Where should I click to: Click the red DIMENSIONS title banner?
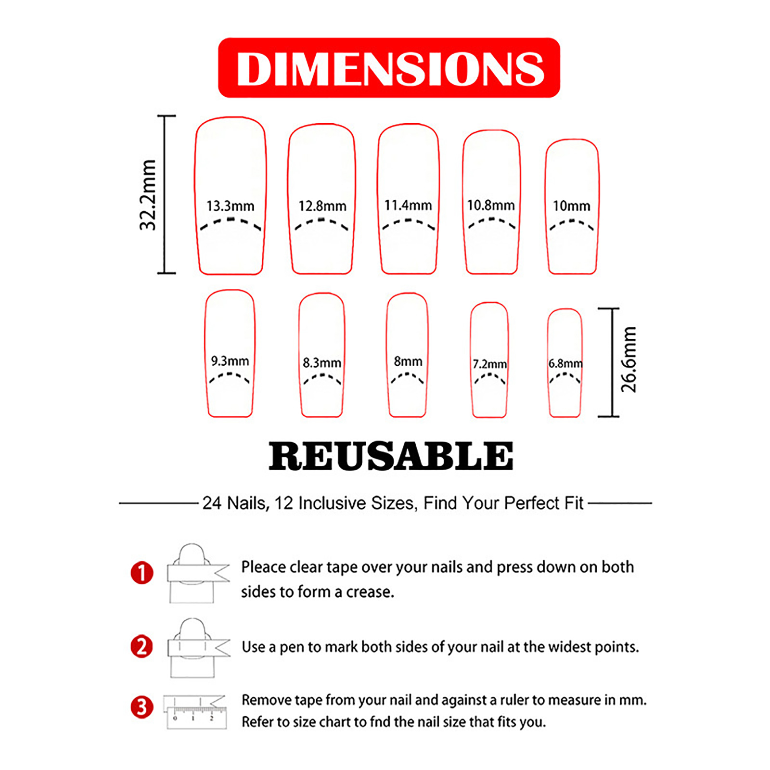click(x=389, y=68)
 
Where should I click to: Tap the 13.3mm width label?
click(x=231, y=206)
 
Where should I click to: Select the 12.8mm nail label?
click(x=322, y=206)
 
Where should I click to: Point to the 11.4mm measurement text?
click(x=408, y=205)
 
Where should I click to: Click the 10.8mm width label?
click(x=491, y=205)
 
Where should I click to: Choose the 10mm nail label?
click(x=572, y=206)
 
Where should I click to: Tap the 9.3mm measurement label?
click(x=230, y=361)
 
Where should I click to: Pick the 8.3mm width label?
click(x=322, y=362)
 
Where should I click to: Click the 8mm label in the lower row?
click(x=408, y=361)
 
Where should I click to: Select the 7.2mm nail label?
click(x=490, y=364)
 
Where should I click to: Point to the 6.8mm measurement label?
click(x=565, y=363)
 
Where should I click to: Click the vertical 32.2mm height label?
click(x=148, y=195)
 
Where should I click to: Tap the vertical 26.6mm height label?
click(x=629, y=359)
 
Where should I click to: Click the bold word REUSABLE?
click(x=391, y=456)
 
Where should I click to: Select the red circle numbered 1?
click(x=142, y=573)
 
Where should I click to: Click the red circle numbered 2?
click(x=142, y=646)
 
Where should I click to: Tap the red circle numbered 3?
click(x=142, y=707)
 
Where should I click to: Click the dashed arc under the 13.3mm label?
click(x=231, y=220)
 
